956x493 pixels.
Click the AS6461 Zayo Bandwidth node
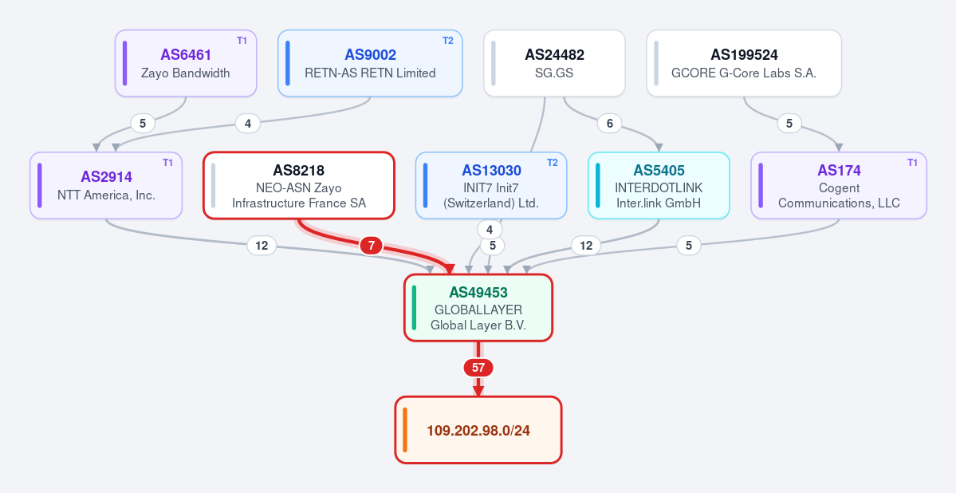coord(186,64)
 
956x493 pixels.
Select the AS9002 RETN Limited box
coord(370,64)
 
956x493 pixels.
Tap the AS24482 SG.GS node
coord(554,64)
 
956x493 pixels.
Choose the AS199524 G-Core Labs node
coord(744,64)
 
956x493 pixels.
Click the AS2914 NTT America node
coord(106,186)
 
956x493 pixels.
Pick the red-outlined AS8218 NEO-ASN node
coord(299,186)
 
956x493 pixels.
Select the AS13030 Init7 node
coord(491,186)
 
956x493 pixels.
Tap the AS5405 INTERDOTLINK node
coord(659,186)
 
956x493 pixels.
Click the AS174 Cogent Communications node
coord(839,186)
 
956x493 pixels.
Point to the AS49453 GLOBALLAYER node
coord(478,307)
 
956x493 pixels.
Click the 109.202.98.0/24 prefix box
coord(478,430)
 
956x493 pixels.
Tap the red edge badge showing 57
coord(478,368)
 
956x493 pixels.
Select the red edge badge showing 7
coord(372,246)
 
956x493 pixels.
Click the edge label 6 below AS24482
coord(610,123)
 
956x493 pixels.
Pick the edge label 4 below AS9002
coord(248,123)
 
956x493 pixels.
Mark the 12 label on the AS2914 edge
coord(262,246)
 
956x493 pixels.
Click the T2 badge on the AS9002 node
coord(448,41)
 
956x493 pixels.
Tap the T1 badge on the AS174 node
coord(913,163)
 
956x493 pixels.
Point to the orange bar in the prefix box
coord(405,430)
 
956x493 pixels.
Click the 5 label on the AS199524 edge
coord(789,123)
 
